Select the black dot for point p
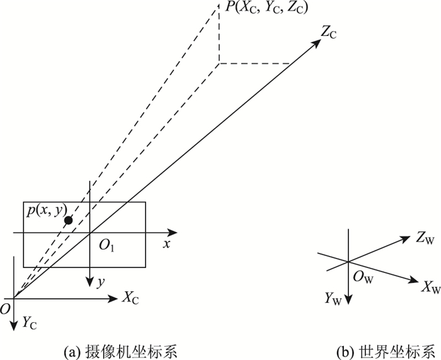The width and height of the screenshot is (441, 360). tap(68, 219)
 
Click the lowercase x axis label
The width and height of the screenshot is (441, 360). tap(167, 244)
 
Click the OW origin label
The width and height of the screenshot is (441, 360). tap(364, 275)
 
